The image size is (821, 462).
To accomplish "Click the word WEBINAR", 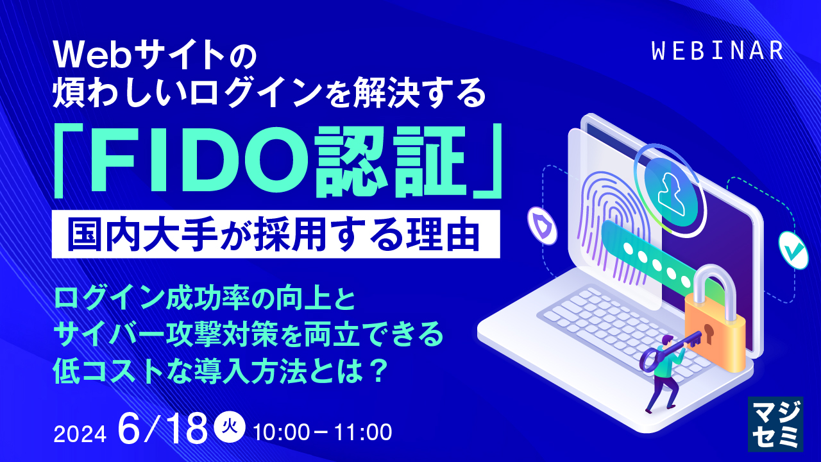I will (716, 51).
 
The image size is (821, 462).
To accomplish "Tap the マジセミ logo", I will (775, 424).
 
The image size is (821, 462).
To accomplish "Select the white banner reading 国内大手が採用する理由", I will (276, 234).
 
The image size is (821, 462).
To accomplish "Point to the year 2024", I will (79, 434).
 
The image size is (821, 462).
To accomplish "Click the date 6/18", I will (164, 430).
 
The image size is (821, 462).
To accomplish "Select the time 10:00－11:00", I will (323, 432).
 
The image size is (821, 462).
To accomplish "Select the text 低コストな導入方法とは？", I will (221, 371).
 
